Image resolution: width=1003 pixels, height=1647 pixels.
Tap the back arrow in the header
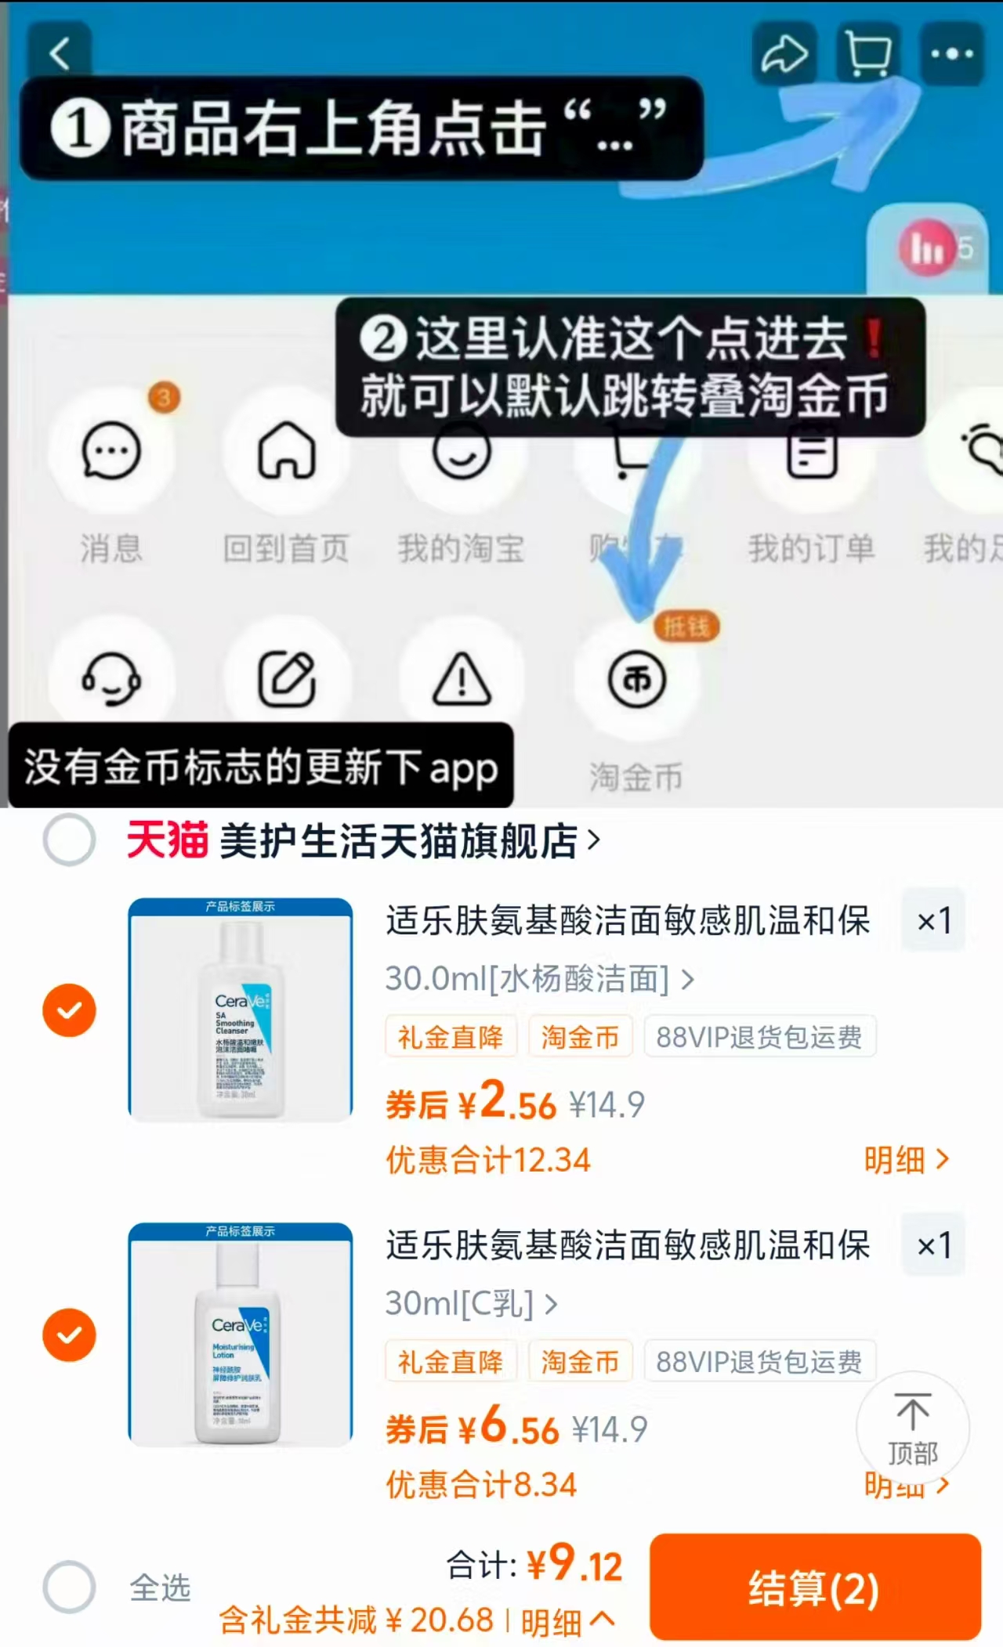point(60,53)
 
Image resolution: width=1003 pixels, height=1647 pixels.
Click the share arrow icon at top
point(784,53)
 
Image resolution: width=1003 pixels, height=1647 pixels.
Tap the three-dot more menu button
point(951,53)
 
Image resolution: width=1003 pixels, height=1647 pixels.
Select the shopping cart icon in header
point(868,53)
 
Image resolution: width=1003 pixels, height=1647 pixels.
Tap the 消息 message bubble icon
point(111,450)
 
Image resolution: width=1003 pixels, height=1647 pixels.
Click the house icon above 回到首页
point(287,450)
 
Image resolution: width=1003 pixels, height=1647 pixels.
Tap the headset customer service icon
point(111,678)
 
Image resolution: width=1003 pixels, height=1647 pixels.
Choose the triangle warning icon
point(462,678)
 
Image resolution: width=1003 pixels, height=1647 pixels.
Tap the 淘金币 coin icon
point(637,679)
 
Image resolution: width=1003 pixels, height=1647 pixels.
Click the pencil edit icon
point(287,678)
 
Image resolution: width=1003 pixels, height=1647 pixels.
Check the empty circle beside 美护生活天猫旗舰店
point(70,840)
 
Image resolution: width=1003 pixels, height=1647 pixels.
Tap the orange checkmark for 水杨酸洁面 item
point(70,1010)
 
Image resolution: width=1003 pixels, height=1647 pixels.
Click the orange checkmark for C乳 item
point(70,1335)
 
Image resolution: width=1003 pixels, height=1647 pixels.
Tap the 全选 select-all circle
point(70,1587)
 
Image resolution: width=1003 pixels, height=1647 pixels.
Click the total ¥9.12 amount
point(574,1564)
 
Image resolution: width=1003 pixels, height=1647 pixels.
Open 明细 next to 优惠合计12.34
point(906,1160)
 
